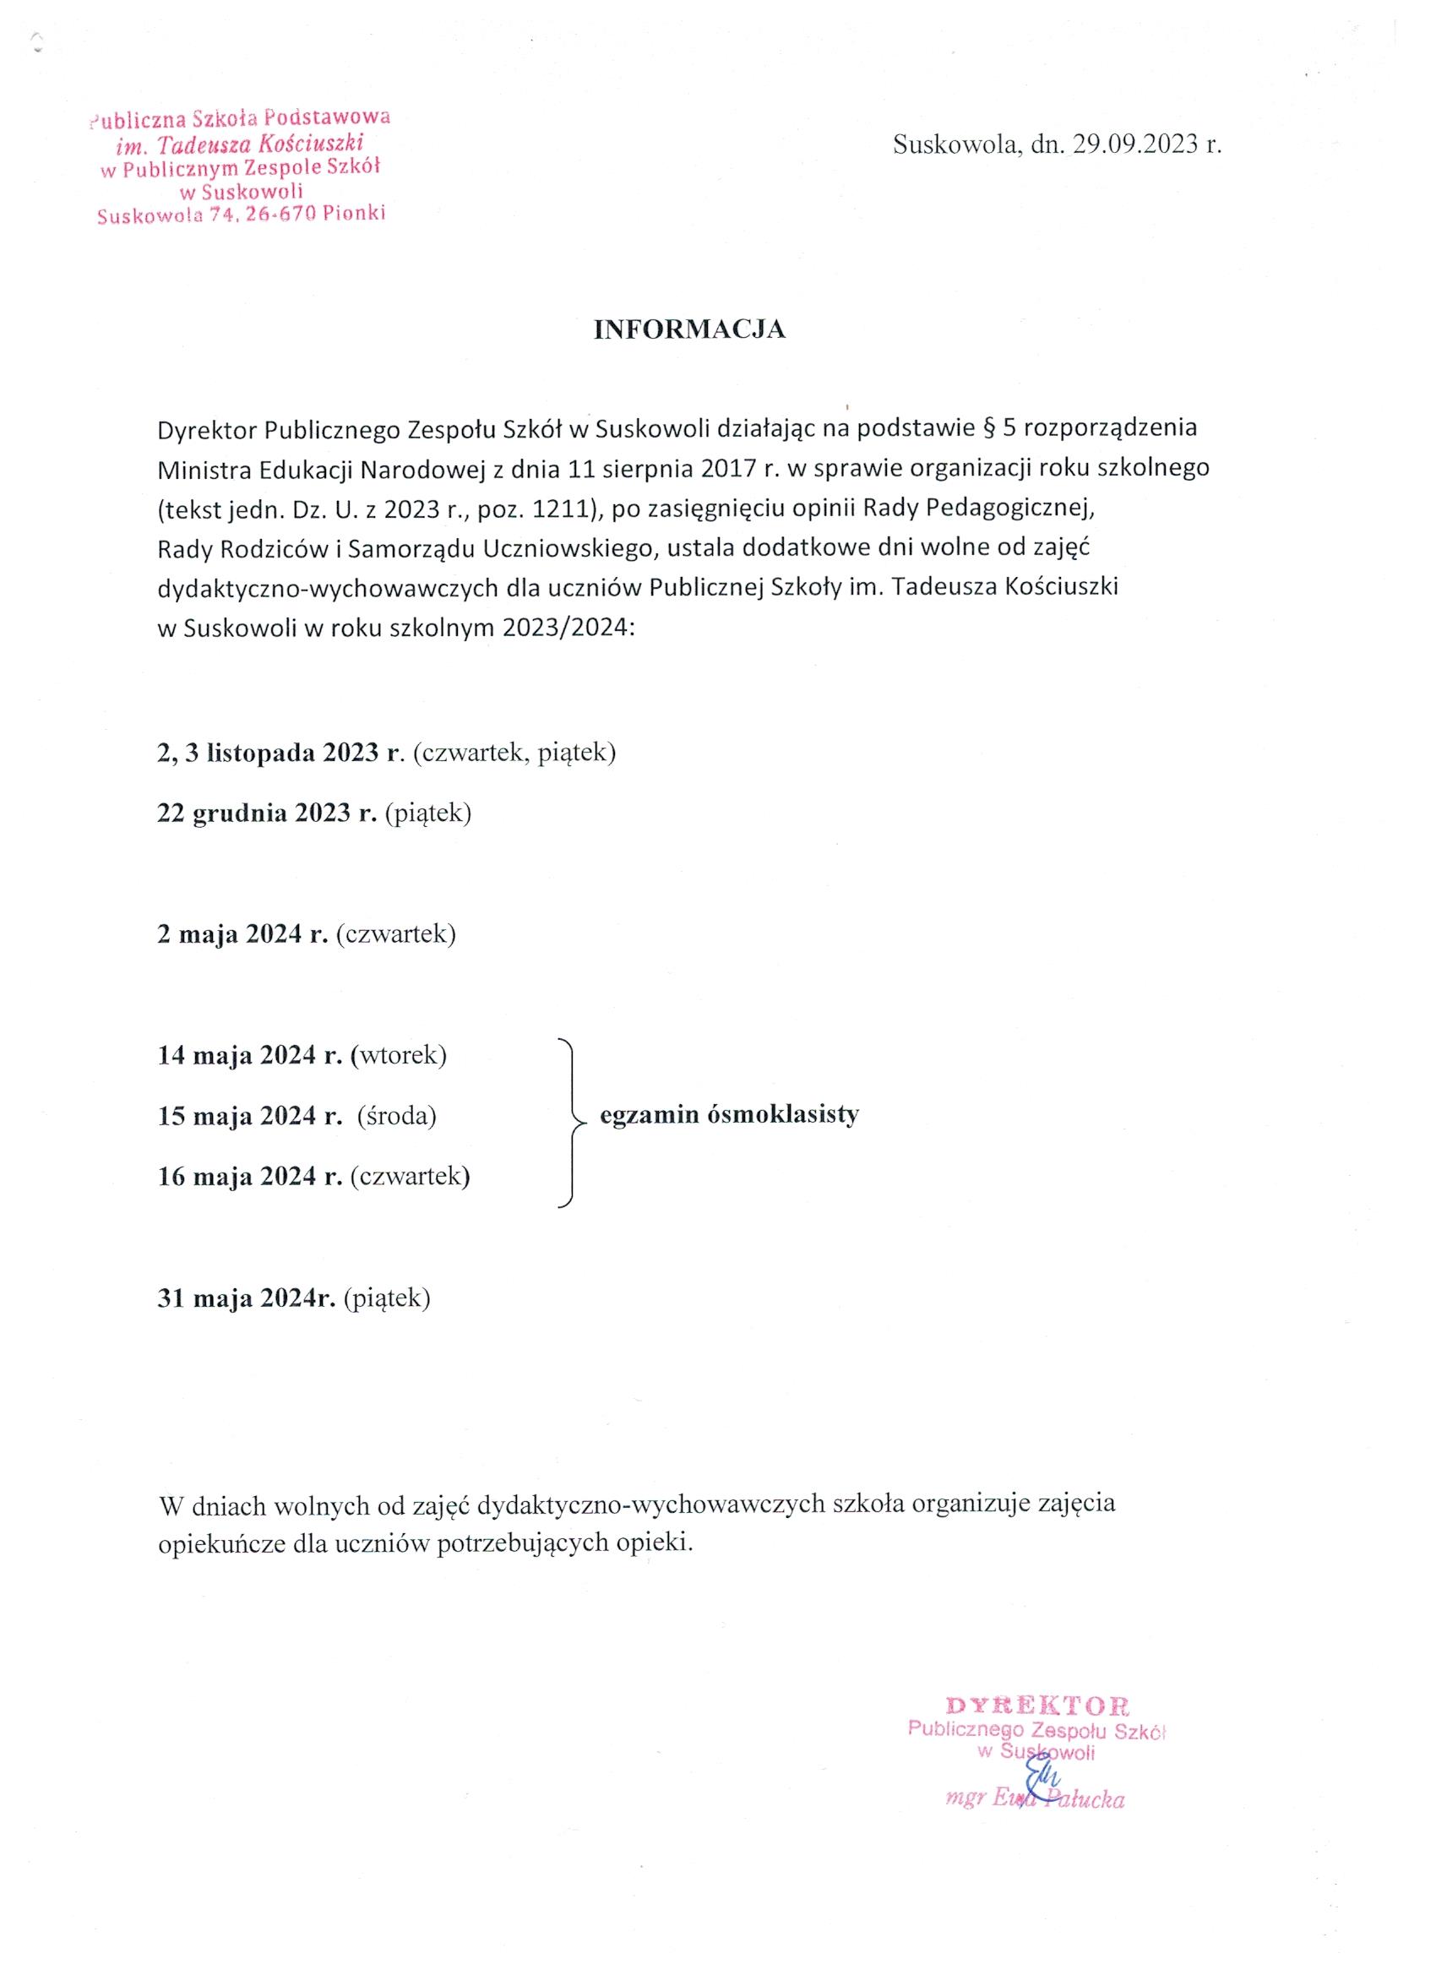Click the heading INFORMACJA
pyautogui.click(x=688, y=329)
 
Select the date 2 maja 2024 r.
pyautogui.click(x=242, y=934)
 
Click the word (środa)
pyautogui.click(x=397, y=1116)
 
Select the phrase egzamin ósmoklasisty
pyautogui.click(x=729, y=1115)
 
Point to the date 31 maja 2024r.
pyautogui.click(x=247, y=1298)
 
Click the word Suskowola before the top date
pyautogui.click(x=955, y=144)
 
